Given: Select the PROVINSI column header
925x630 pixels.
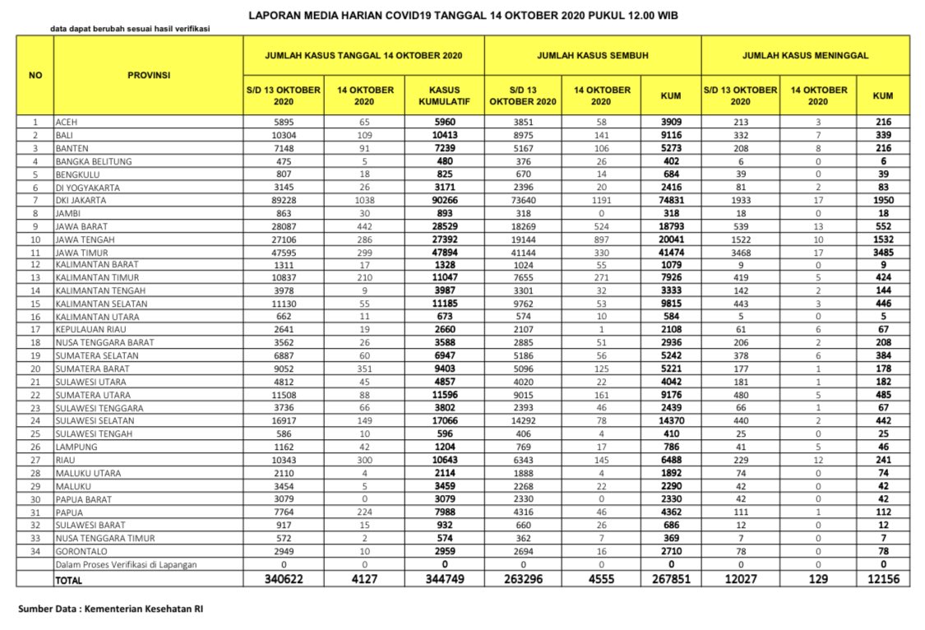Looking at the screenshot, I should (149, 75).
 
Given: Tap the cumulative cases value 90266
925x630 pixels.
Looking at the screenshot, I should (444, 201).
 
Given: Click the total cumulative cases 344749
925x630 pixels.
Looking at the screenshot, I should (444, 580).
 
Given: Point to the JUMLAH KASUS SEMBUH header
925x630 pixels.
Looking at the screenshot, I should (592, 56).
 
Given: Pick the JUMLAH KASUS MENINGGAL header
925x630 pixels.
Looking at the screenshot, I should (805, 56).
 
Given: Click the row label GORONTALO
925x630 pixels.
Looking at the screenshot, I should (80, 551).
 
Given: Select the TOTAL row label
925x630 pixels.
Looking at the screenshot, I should (70, 580).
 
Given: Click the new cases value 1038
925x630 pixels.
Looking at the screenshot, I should (365, 201).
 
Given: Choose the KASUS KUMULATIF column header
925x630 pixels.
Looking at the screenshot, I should (444, 95).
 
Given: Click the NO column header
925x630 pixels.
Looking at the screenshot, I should (35, 75).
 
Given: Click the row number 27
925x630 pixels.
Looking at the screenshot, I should (35, 461).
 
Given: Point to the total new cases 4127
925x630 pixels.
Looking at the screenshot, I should (365, 580).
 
